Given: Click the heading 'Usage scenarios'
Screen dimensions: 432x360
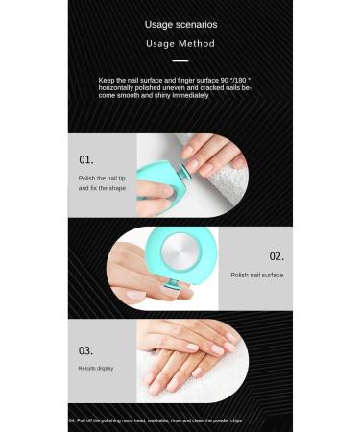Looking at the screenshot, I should point(180,24).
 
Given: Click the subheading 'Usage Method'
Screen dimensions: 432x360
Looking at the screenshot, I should point(180,44).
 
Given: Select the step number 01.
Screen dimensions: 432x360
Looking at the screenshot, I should point(86,159).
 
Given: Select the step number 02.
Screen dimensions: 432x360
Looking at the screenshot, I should point(276,256).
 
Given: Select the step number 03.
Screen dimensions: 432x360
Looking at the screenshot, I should point(86,350).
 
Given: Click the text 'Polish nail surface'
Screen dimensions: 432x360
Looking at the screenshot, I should point(256,275).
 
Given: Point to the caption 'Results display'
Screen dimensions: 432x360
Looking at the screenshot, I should point(96,368).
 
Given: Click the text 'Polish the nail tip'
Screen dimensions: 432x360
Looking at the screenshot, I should point(101,178).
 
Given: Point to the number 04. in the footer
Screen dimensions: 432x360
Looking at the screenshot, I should point(74,420).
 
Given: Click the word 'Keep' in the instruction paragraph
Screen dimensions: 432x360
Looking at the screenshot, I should point(105,81).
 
